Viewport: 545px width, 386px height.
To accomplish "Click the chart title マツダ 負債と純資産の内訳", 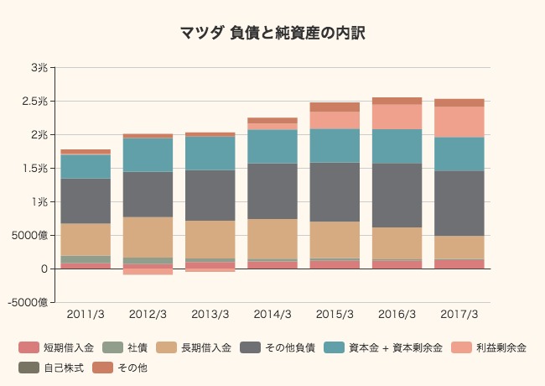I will coord(272,34).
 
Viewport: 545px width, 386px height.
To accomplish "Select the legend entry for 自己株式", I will coord(54,368).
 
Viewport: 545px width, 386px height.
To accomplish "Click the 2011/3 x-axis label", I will coord(86,315).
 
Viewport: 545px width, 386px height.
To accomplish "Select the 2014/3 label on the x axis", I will coord(272,315).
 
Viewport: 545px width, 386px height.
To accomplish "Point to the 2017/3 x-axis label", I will coord(459,315).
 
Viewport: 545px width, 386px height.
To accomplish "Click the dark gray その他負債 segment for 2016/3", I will coord(397,195).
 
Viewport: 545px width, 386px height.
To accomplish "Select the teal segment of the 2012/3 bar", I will coord(148,154).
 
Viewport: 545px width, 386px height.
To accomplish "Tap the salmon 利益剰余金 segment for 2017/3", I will coord(459,122).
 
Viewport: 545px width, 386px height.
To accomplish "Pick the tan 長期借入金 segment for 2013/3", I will coord(210,239).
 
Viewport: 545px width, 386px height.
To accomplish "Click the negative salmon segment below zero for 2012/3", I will coord(148,272).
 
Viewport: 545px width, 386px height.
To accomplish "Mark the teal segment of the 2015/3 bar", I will coord(335,145).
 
